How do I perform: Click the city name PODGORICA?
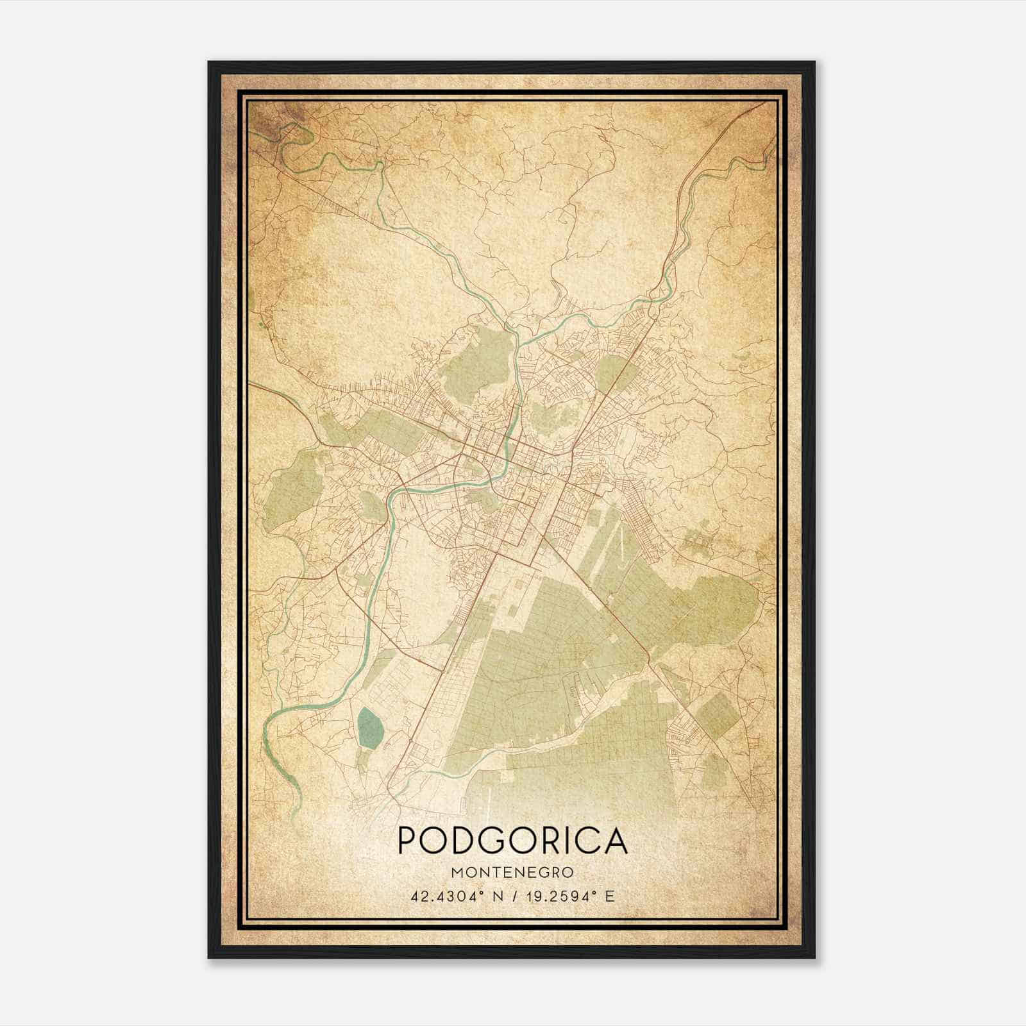click(512, 840)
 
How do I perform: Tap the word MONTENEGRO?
click(512, 873)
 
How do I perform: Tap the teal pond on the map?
click(370, 728)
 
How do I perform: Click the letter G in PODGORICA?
click(493, 840)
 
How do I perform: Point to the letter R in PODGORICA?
click(551, 840)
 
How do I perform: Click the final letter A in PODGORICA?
click(616, 840)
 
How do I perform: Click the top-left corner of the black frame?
click(209, 62)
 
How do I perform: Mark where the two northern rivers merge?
click(517, 333)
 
